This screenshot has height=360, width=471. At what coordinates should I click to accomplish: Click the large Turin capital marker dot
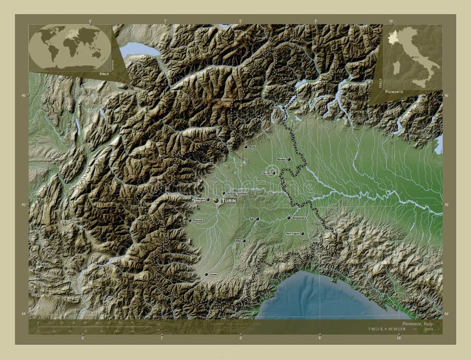[x=216, y=201]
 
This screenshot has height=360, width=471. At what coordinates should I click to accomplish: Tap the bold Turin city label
[x=229, y=201]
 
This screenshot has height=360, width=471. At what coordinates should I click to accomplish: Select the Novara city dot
[x=289, y=158]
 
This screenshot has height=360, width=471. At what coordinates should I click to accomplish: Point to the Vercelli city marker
[x=274, y=173]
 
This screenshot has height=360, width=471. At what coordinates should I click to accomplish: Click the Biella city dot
[x=246, y=146]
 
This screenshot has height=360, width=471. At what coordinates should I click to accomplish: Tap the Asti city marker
[x=257, y=219]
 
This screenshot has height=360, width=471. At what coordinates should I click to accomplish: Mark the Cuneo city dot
[x=206, y=274]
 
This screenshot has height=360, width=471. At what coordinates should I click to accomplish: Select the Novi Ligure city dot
[x=303, y=234]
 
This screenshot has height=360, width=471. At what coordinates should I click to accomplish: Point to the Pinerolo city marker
[x=188, y=221]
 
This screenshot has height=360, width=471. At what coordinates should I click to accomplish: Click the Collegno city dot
[x=208, y=199]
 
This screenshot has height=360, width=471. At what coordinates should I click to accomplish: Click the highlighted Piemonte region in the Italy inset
[x=393, y=36]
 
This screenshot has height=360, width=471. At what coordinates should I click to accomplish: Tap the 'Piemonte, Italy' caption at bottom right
[x=418, y=324]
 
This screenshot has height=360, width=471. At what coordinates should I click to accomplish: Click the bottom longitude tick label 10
[x=399, y=338]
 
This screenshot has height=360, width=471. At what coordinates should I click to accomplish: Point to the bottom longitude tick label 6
[x=83, y=338]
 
